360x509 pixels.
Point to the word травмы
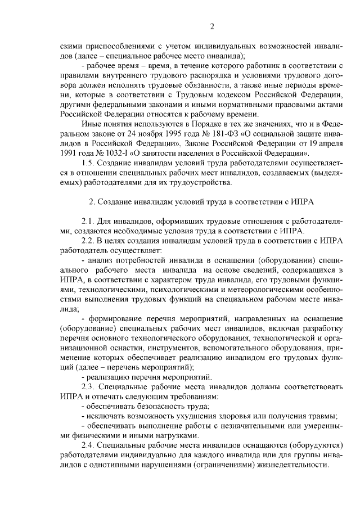pyautogui.click(x=322, y=416)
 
